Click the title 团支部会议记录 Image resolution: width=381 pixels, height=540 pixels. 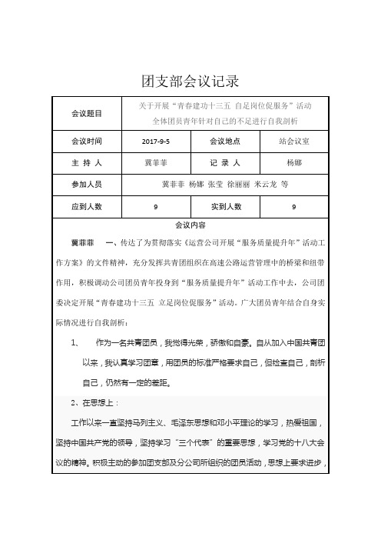click(x=190, y=80)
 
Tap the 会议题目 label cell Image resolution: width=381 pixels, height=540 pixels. click(x=86, y=112)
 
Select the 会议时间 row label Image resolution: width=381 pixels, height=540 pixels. click(x=86, y=142)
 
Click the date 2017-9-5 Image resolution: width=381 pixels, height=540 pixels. click(x=156, y=142)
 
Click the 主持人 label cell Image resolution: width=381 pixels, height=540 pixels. click(x=86, y=163)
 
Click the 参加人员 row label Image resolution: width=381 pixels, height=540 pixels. click(x=86, y=185)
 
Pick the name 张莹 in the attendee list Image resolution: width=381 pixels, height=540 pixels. click(x=209, y=185)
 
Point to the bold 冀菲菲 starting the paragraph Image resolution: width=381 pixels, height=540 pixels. click(x=82, y=243)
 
